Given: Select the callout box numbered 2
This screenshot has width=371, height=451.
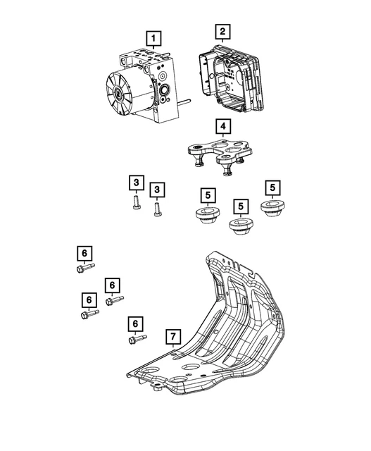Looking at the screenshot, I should point(222,32).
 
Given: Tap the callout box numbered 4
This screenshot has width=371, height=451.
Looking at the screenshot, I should point(222,127).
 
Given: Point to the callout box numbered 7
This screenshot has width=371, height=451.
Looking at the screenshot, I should point(171,337).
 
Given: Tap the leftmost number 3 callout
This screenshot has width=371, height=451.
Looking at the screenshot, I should point(134,184).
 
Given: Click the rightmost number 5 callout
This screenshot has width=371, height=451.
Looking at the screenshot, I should point(272,187).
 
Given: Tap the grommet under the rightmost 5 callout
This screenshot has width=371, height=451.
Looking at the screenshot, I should point(272,210).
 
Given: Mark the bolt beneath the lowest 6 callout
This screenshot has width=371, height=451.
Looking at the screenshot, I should point(137,340).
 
